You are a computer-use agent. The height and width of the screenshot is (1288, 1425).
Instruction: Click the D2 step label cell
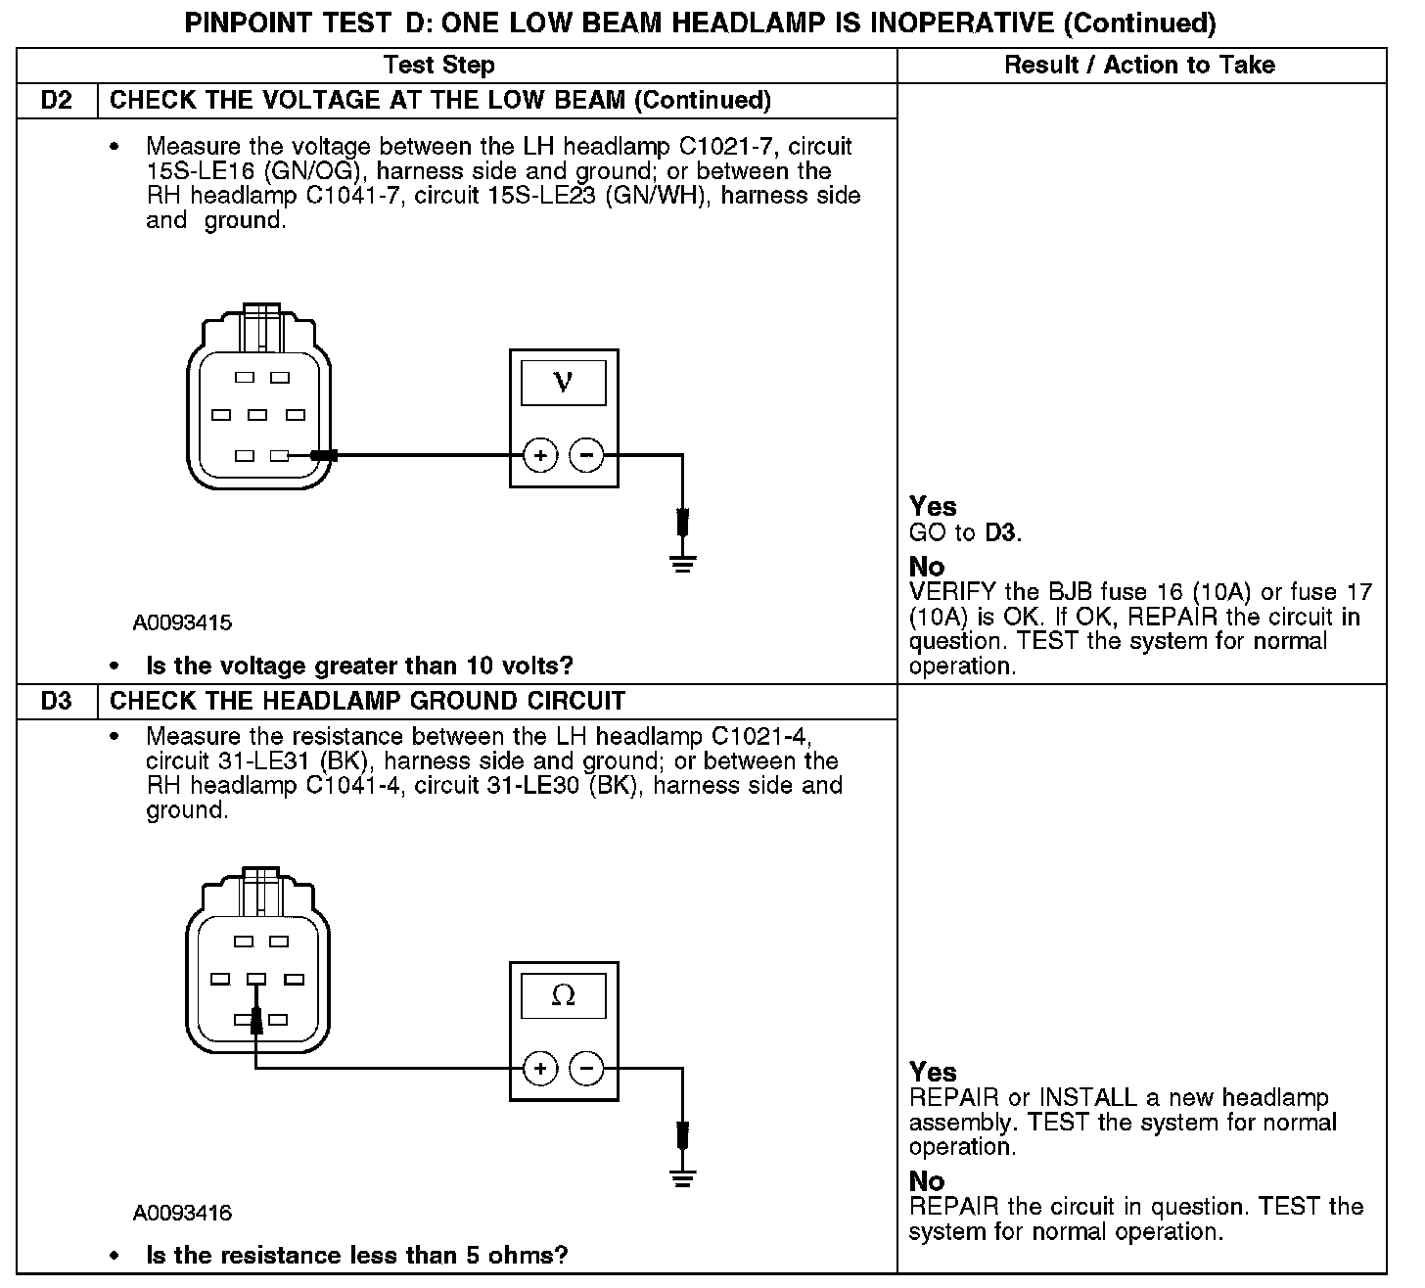pos(57,101)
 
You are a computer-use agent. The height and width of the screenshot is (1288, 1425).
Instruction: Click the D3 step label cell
pos(57,702)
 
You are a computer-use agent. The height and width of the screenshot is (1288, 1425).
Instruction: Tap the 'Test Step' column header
pos(439,66)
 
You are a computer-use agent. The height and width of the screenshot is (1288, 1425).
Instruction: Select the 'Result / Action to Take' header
pos(1139,66)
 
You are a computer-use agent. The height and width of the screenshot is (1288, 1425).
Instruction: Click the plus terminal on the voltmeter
pos(540,455)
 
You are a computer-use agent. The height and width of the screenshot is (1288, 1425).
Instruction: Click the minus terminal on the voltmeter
pos(586,455)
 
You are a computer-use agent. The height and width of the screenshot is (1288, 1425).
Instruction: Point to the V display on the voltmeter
pos(563,382)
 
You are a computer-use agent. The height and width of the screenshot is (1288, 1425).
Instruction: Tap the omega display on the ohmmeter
pos(563,995)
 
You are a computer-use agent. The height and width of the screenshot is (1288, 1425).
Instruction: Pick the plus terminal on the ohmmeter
pos(540,1068)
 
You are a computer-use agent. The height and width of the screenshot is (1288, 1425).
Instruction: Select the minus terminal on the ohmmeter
pos(586,1068)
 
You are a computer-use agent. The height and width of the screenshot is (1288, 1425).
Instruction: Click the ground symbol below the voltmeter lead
pos(683,563)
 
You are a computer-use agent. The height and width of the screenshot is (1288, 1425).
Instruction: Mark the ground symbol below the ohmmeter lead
pos(683,1176)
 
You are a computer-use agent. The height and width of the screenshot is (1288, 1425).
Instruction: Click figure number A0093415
pos(183,622)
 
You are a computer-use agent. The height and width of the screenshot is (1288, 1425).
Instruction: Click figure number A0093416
pos(183,1214)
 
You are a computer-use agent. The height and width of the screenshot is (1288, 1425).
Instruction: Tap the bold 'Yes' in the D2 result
pos(933,506)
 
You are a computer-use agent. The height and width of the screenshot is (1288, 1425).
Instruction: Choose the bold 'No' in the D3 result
pos(927,1181)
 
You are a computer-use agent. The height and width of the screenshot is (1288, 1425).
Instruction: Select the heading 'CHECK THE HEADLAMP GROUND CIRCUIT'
pos(367,702)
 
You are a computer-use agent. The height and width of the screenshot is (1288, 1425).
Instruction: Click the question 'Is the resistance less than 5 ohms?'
pos(356,1256)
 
